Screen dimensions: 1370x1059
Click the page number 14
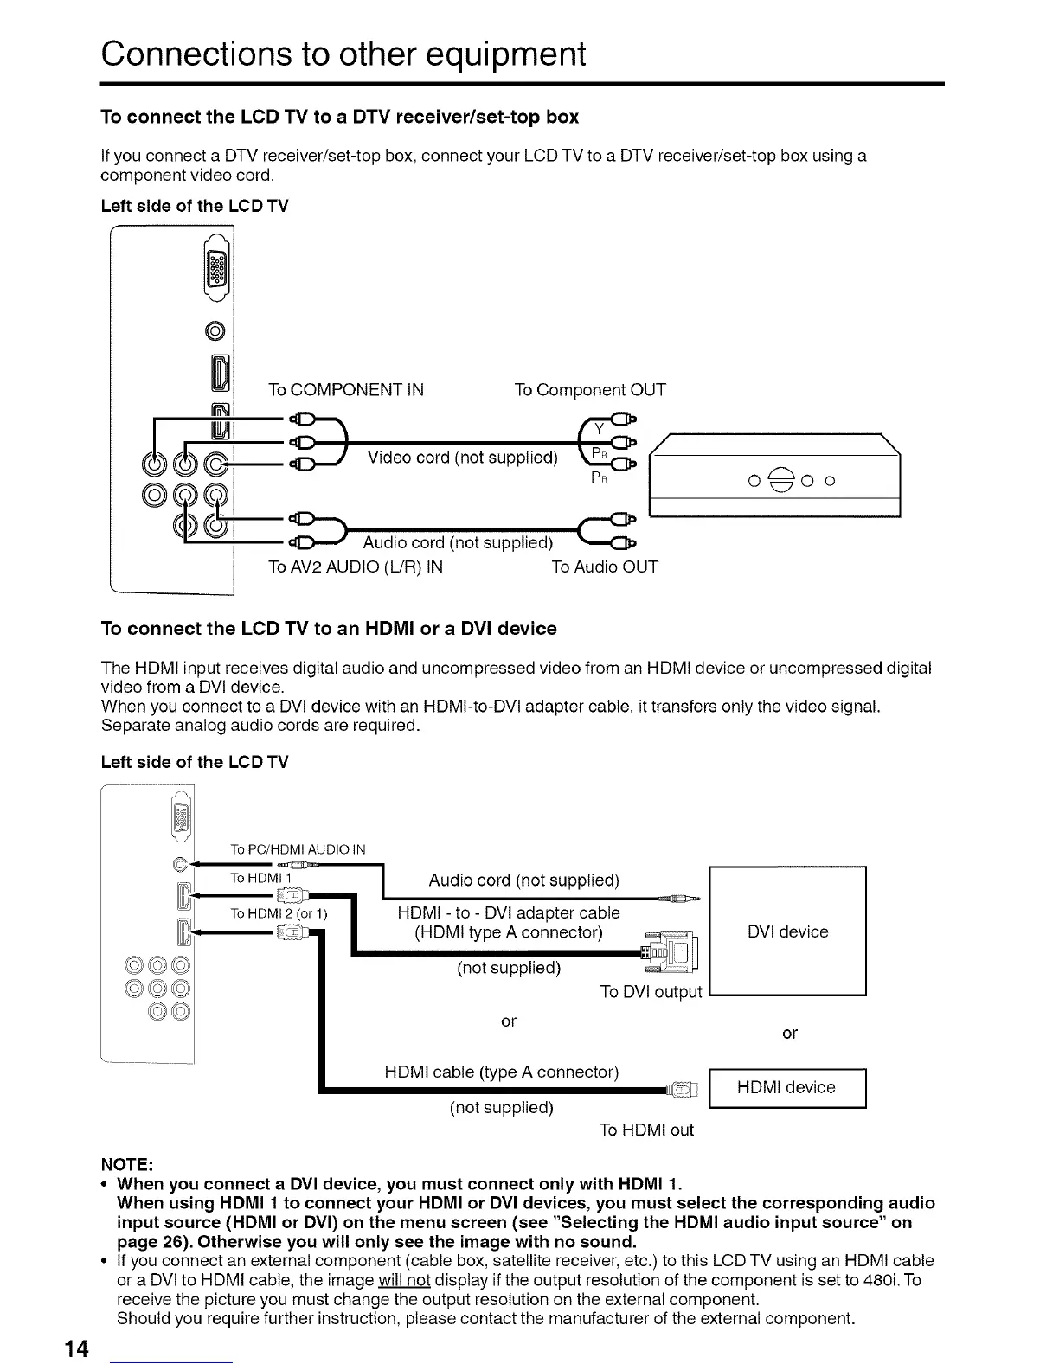[76, 1348]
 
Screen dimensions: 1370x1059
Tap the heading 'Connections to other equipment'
[343, 54]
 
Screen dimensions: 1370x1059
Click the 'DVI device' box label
[787, 931]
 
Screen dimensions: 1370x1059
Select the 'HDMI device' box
[786, 1087]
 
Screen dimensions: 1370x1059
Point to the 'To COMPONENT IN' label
[346, 389]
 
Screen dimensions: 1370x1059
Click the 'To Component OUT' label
[590, 389]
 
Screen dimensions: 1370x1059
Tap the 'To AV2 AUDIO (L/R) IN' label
[356, 567]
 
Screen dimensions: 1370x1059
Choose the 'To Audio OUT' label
[605, 567]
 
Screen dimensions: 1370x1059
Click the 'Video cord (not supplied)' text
[462, 457]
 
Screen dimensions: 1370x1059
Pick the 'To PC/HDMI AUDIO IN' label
[298, 849]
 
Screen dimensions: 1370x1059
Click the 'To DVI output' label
[651, 991]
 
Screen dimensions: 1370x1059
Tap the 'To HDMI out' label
[646, 1130]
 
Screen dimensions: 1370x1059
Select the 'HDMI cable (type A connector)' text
[502, 1072]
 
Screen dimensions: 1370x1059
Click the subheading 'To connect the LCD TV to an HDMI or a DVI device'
[329, 628]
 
